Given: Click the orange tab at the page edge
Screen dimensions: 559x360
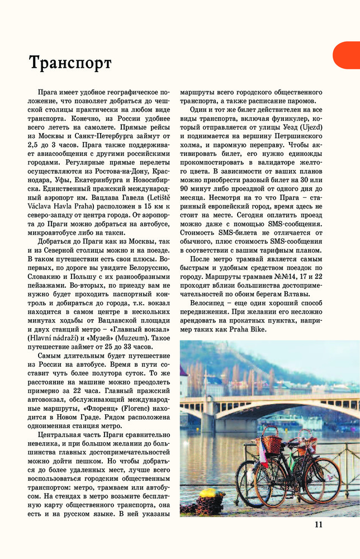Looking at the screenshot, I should point(348,55).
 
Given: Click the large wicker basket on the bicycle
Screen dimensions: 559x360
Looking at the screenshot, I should point(272,442).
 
